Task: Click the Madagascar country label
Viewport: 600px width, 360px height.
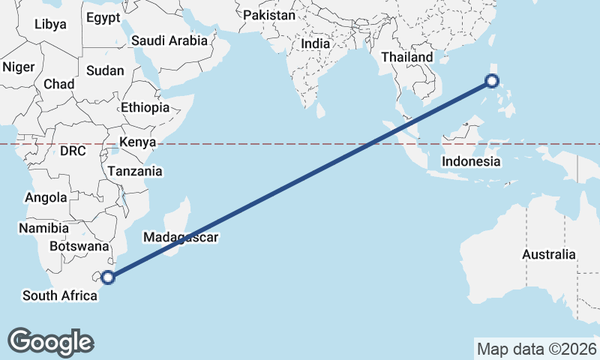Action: coord(181,238)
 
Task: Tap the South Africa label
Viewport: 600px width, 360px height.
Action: coord(60,295)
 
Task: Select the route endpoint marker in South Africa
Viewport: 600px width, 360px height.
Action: coord(108,277)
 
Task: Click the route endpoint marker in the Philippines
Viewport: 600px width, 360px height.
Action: coord(493,81)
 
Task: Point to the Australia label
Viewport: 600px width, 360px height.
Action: coord(549,255)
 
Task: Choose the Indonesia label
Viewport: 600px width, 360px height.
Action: coord(470,161)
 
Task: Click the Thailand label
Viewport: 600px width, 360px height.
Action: coord(406,57)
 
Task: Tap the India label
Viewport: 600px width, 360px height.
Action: coord(315,44)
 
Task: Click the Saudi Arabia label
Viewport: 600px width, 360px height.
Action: coord(169,41)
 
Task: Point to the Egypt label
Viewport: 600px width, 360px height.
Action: coord(103,17)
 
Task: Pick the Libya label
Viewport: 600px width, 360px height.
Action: coord(50,24)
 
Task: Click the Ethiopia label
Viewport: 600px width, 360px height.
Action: coord(145,107)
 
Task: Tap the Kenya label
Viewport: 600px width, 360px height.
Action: coord(137,142)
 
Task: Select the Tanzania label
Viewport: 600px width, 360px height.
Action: coord(134,171)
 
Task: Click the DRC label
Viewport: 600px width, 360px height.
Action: coord(73,151)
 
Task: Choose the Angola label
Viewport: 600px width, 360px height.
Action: coord(46,198)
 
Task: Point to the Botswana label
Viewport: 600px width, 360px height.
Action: coord(80,246)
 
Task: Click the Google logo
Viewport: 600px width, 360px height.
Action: coord(50,341)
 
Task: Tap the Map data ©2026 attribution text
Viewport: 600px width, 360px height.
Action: coord(536,349)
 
